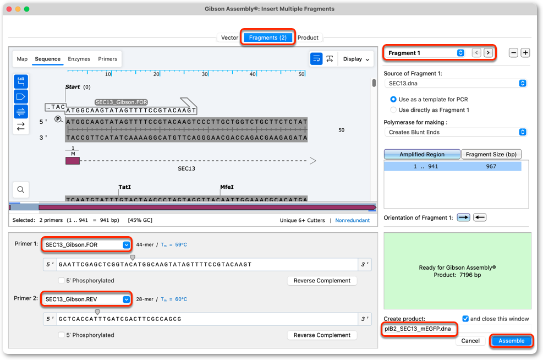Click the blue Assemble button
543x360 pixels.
pos(511,341)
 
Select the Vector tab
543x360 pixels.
pos(229,37)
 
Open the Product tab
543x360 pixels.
pos(308,37)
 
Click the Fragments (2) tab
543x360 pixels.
pos(268,37)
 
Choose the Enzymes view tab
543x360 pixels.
pos(79,59)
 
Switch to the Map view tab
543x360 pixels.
pos(22,59)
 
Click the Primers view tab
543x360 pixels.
pos(107,59)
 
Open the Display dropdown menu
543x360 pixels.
pos(356,59)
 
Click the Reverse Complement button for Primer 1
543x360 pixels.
pos(322,281)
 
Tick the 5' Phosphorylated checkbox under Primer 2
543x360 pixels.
pos(61,335)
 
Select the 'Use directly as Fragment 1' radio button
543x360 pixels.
pos(393,110)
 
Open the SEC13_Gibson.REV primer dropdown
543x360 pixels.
pos(126,299)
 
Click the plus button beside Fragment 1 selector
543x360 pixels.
pos(525,53)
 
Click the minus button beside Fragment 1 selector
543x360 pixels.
pos(513,53)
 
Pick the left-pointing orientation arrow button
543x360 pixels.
pos(480,217)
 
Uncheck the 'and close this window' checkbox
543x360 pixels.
pos(465,319)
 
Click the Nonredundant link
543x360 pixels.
pos(352,220)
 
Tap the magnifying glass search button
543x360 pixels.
pos(21,189)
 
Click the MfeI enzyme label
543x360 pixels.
pos(227,187)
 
